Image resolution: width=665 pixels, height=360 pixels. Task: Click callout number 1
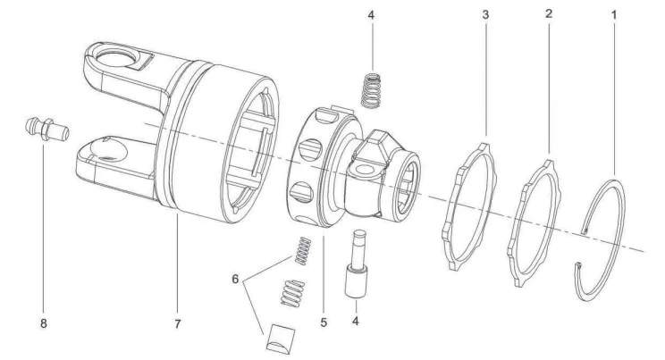[x=614, y=15]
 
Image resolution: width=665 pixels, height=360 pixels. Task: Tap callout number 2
[x=547, y=15]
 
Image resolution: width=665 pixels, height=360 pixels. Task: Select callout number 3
[x=485, y=15]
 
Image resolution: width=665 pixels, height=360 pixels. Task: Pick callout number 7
[x=177, y=323]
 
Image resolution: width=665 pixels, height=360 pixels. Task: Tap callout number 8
[x=42, y=323]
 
